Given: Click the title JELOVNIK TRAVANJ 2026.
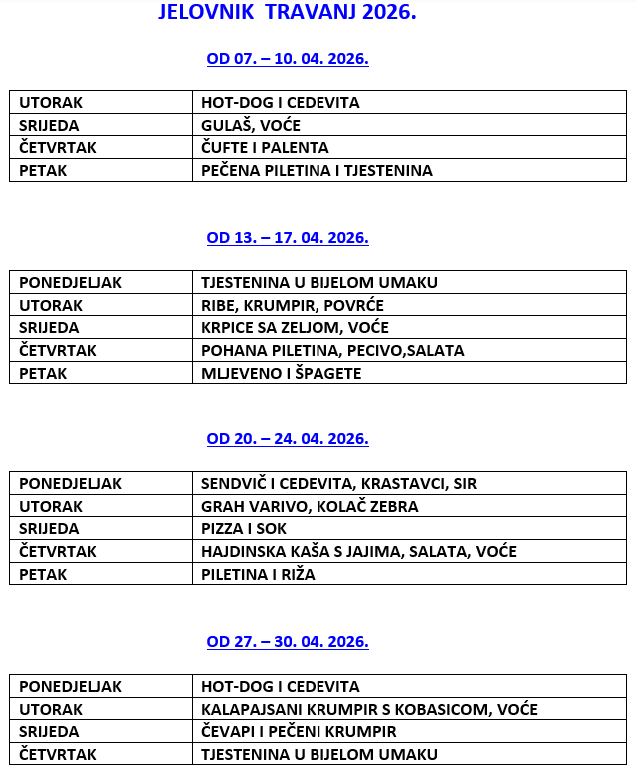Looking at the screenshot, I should coord(288,14).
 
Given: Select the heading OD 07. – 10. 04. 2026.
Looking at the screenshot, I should coord(288,58).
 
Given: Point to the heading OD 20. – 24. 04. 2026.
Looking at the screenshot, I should coord(288,438).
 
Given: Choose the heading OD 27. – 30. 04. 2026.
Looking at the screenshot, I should coord(288,641).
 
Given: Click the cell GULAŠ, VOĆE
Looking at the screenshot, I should coord(251,125).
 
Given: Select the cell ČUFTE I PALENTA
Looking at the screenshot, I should coord(265,148).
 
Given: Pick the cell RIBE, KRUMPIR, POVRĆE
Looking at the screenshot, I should coord(293,305).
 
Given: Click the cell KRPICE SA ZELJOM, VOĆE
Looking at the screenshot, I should coord(295,327).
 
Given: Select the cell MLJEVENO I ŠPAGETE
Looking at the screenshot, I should coord(281,373).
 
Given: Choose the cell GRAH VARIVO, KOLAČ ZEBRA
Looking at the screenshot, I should coord(310,506).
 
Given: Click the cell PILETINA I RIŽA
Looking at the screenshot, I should coord(258,574).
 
